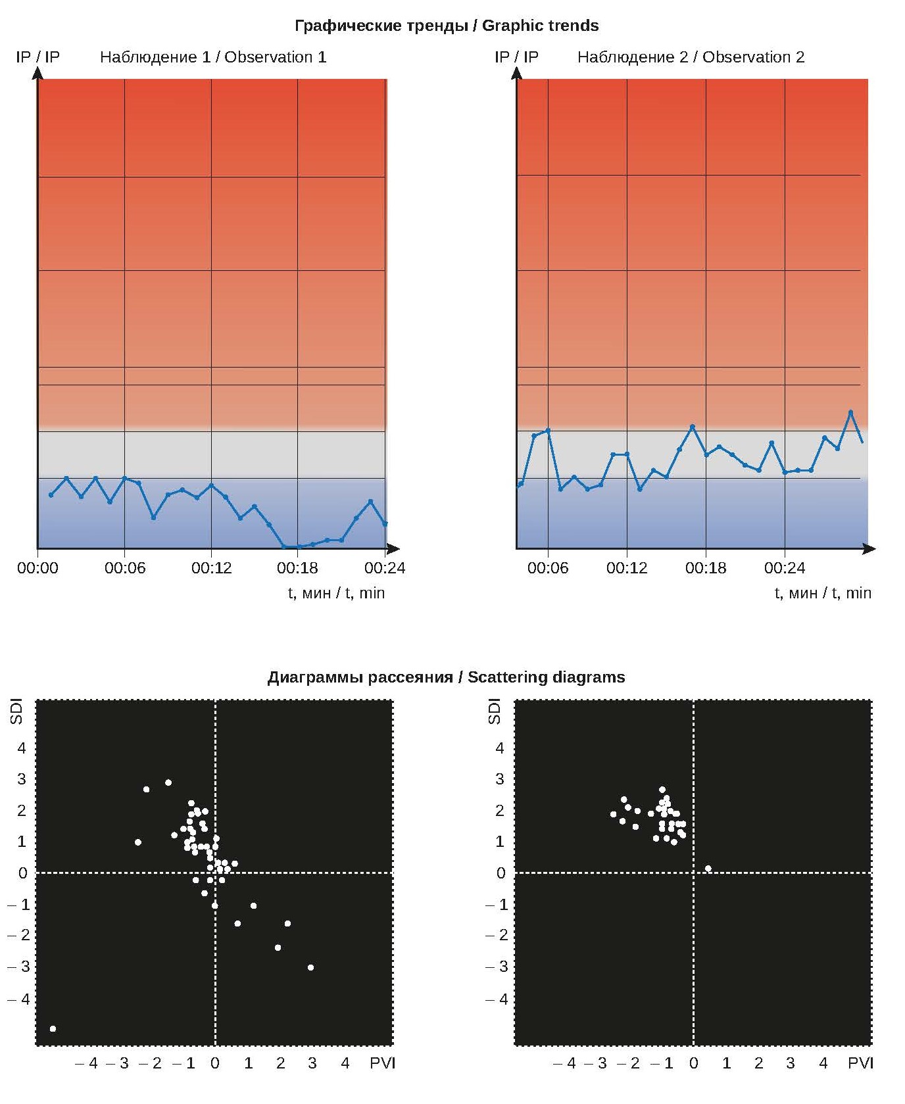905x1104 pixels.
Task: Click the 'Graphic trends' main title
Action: click(x=447, y=26)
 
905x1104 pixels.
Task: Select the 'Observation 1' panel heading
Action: click(x=212, y=57)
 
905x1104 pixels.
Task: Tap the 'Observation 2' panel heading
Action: click(x=691, y=57)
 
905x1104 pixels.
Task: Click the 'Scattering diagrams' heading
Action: click(x=446, y=677)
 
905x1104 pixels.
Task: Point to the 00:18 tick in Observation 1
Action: click(x=297, y=567)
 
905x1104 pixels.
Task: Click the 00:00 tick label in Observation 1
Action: click(x=37, y=567)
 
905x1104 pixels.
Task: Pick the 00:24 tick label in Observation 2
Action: click(x=784, y=567)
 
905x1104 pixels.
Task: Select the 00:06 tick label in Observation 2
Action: click(x=547, y=567)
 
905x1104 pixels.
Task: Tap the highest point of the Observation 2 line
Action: click(x=850, y=412)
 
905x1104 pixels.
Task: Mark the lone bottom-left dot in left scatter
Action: click(x=53, y=1028)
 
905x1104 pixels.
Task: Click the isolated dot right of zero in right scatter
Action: click(x=708, y=869)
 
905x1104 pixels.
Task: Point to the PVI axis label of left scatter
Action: click(x=382, y=1063)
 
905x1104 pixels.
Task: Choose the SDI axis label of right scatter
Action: click(x=495, y=712)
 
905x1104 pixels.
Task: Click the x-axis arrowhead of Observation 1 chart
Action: click(x=393, y=548)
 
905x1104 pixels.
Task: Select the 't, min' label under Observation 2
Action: click(x=822, y=593)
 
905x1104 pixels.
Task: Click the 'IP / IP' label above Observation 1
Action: click(x=37, y=57)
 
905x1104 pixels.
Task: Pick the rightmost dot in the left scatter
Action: click(x=310, y=967)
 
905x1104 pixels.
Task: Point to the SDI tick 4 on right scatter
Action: click(x=500, y=748)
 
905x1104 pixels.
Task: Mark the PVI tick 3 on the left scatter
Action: click(x=312, y=1063)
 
